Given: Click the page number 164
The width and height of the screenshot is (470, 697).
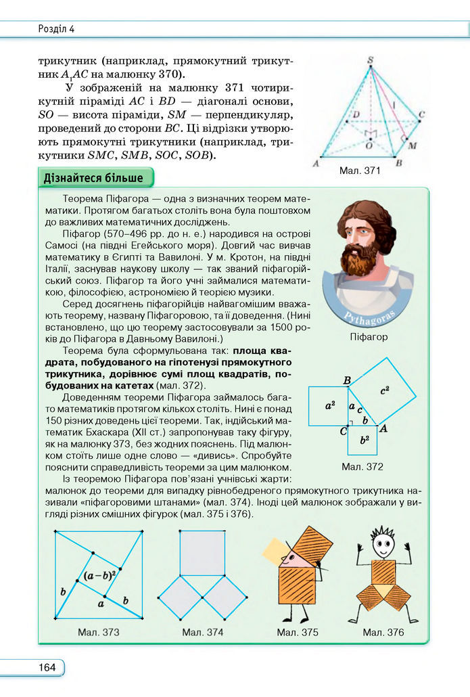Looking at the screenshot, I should pyautogui.click(x=47, y=668).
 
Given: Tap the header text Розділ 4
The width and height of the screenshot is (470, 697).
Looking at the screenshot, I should pyautogui.click(x=57, y=28).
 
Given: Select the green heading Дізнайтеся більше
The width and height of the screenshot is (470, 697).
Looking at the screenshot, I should pyautogui.click(x=93, y=179).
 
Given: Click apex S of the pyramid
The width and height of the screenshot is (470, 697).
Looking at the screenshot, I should pyautogui.click(x=370, y=61).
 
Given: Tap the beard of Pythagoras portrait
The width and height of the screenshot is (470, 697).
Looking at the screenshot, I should pyautogui.click(x=360, y=260).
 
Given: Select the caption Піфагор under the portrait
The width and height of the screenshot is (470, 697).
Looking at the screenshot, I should pyautogui.click(x=369, y=337).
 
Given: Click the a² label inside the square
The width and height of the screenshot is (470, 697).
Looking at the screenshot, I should pyautogui.click(x=330, y=407).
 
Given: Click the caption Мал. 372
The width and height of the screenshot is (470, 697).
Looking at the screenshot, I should pyautogui.click(x=362, y=467).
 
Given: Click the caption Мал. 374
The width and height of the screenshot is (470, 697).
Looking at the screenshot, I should pyautogui.click(x=202, y=632).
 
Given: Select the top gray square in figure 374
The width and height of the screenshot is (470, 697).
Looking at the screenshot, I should pyautogui.click(x=202, y=553).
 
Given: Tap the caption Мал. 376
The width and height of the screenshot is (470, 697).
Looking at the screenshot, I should pyautogui.click(x=383, y=632).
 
